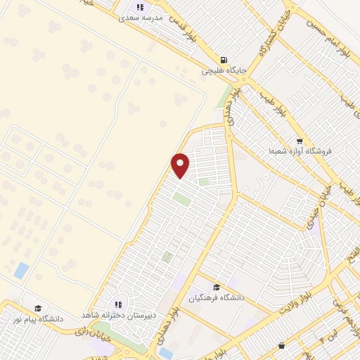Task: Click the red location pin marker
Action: coord(181,165)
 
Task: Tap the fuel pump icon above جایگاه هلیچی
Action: coord(224,60)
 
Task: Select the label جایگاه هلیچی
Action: coord(221,71)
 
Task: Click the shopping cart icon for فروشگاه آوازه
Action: coord(300,140)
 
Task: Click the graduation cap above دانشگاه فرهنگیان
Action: coord(216,287)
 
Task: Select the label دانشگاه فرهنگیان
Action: coord(216,297)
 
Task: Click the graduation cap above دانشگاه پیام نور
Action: coord(39,308)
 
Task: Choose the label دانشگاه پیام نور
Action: coord(37,319)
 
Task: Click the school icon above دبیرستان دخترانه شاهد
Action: coord(118,304)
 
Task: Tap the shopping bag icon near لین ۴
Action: coord(282,345)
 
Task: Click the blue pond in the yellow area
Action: coord(22,269)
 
